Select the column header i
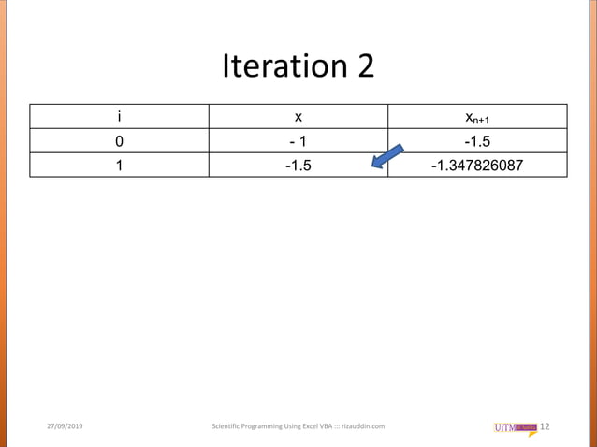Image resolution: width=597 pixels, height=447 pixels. (119, 117)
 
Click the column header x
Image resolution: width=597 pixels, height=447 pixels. (298, 117)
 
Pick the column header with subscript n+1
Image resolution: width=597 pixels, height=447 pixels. (477, 118)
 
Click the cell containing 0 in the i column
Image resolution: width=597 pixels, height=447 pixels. (119, 141)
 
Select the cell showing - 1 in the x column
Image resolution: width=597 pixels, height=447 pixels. (298, 141)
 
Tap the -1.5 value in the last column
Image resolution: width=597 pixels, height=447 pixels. (477, 141)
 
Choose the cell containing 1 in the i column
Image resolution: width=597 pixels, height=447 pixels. (119, 166)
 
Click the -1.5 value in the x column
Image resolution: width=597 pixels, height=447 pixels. (298, 166)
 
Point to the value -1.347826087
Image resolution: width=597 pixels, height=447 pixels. (477, 166)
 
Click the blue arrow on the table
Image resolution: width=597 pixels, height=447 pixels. (387, 157)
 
